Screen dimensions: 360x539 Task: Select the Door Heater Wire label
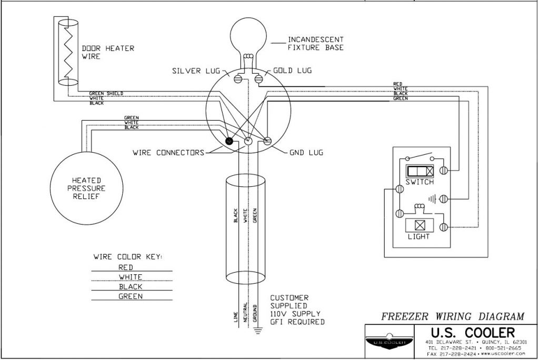click(x=107, y=52)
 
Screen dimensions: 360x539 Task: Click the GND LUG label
click(x=306, y=153)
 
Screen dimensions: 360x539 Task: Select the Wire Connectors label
click(x=168, y=153)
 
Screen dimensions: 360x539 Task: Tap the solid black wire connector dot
click(x=229, y=141)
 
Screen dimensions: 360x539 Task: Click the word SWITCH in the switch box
click(x=420, y=182)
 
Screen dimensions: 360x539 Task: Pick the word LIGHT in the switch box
click(x=419, y=236)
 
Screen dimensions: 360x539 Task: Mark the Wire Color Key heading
click(x=127, y=257)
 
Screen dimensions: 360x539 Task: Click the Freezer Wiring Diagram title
click(x=452, y=316)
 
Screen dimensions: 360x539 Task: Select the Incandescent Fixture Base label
click(x=316, y=44)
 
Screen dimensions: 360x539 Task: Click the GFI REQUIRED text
click(x=297, y=321)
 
